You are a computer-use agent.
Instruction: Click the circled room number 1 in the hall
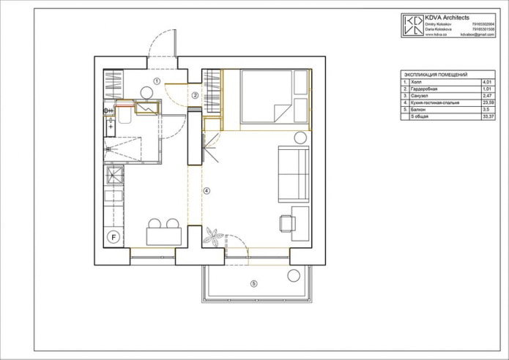coord(157,80)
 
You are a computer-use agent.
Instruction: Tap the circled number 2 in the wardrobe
coord(196,95)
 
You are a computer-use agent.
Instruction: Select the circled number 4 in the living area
coord(207,190)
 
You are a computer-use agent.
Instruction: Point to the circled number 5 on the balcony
coord(253,283)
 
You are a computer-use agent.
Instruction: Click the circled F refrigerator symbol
coord(114,236)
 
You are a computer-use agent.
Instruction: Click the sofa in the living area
coord(294,173)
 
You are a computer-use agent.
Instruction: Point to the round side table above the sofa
coord(300,138)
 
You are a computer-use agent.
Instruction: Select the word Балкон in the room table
coord(420,109)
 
